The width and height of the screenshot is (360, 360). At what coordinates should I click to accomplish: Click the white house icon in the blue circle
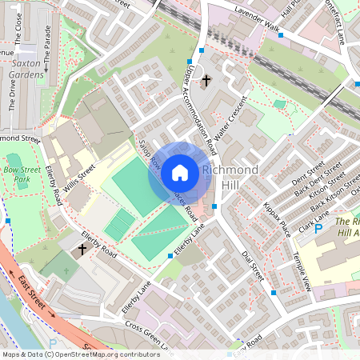click(180, 173)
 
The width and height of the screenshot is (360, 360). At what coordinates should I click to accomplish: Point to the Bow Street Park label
click(26, 175)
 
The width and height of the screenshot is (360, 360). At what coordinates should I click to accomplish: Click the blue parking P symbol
click(318, 229)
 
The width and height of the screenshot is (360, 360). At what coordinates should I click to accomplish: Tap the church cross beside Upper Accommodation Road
click(206, 81)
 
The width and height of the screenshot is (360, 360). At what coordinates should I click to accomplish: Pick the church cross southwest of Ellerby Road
click(82, 250)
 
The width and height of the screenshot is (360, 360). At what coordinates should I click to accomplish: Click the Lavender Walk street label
click(256, 19)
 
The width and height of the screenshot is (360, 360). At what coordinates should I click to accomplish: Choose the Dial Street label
click(252, 262)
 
